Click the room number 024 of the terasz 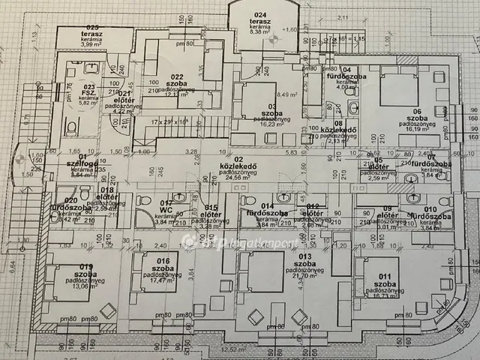260,15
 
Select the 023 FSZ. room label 89,89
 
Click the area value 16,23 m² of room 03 267,125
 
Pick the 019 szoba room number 85,267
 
